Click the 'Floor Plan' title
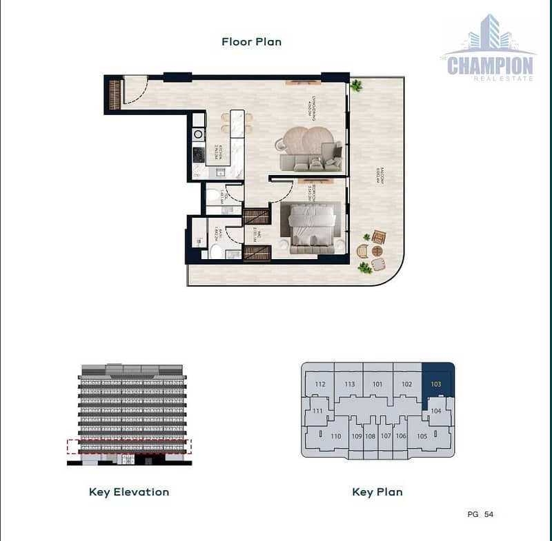[x=251, y=41]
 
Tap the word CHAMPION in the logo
[x=490, y=65]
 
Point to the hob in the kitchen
[x=197, y=153]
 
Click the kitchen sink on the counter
[x=220, y=172]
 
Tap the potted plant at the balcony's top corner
[x=356, y=86]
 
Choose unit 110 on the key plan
[x=336, y=436]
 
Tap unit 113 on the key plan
[x=350, y=385]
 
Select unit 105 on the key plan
[x=422, y=436]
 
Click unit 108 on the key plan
[x=371, y=436]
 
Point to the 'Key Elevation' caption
[x=129, y=492]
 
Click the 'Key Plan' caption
[x=377, y=492]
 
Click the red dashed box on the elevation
[x=129, y=447]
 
